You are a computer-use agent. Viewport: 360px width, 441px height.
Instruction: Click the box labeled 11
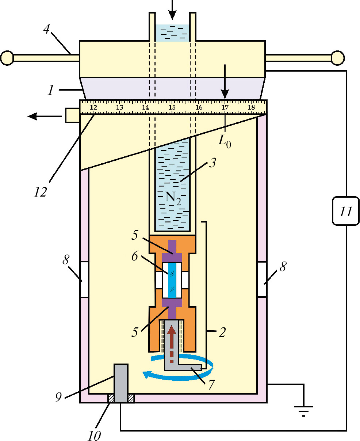point(346,211)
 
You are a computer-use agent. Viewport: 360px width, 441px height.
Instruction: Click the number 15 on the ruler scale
point(172,107)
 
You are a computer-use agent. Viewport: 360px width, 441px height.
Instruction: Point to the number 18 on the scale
point(251,107)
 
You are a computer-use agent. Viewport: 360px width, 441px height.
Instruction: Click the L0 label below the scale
point(225,141)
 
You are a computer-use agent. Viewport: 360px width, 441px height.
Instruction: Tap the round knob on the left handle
point(7,57)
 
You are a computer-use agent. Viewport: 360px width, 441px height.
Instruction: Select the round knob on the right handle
point(338,57)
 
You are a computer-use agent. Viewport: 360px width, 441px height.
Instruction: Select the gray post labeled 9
point(121,383)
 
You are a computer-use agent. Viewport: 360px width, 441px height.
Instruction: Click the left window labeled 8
point(84,280)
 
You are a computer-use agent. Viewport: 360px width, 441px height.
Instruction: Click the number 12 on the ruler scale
point(93,107)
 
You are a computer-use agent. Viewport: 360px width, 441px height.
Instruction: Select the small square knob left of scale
point(72,115)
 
